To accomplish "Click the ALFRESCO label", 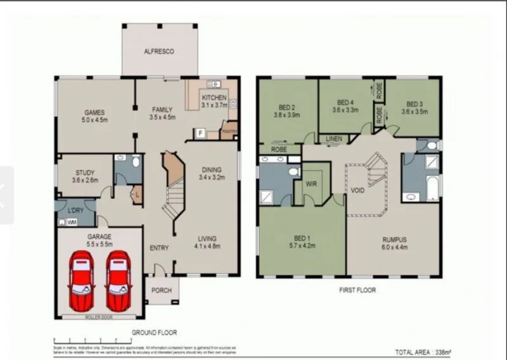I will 158,51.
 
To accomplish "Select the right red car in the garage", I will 118,280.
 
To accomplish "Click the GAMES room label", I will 94,113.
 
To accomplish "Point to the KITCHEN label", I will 214,98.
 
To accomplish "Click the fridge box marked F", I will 200,134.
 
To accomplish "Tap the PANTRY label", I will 228,131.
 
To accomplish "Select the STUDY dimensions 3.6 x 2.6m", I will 85,180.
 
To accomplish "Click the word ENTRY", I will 159,248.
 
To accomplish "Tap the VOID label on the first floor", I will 357,190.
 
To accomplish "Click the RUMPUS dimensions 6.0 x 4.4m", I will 394,248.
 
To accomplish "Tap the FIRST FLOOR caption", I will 357,290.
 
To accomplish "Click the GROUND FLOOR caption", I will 154,332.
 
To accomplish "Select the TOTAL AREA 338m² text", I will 423,352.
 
